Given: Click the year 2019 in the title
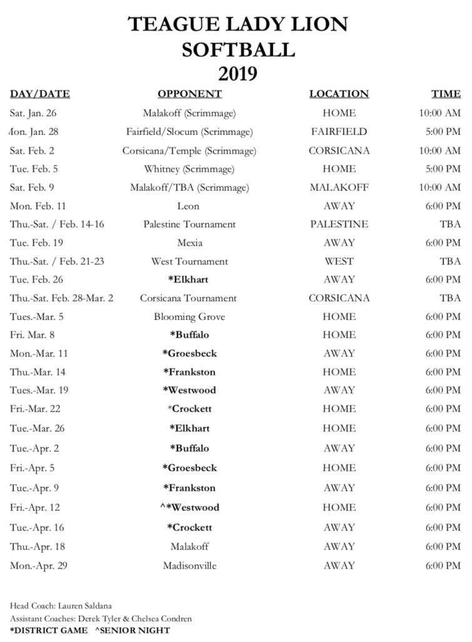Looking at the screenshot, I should tap(238, 73).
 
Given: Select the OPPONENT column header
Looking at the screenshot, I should tap(189, 94).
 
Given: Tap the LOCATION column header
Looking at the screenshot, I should tap(339, 94).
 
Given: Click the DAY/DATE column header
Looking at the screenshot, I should tap(40, 94).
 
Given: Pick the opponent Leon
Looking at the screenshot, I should tap(189, 206).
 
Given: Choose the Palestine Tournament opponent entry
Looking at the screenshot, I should tap(189, 224).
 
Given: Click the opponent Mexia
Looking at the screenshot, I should tap(189, 243).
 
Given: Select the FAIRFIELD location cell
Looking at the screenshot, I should tap(339, 132).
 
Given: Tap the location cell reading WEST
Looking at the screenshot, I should tap(339, 261).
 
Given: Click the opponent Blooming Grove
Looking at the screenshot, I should tap(189, 316).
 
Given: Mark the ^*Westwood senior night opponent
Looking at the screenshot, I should tap(189, 508).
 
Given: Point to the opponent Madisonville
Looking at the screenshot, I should tap(189, 565).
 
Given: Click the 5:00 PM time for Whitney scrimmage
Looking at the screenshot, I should tap(443, 169).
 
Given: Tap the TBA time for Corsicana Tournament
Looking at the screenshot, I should tap(450, 298).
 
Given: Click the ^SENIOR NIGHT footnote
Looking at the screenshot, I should tap(132, 630).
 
